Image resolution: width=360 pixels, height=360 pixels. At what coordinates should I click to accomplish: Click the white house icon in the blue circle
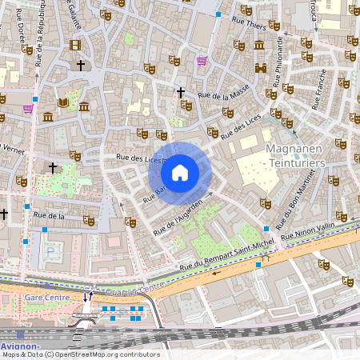(180, 172)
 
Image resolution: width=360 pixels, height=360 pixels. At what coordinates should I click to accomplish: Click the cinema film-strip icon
(75, 46)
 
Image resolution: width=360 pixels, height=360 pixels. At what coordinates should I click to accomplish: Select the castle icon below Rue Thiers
(259, 46)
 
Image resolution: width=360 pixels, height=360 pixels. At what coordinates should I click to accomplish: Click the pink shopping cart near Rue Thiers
(202, 60)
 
